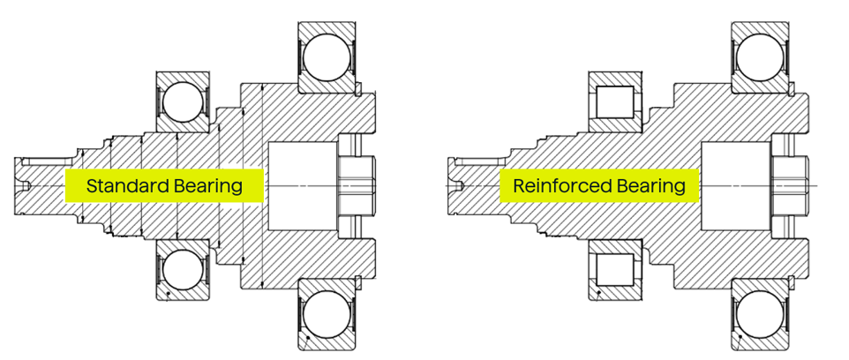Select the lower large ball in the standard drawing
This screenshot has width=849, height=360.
point(327,314)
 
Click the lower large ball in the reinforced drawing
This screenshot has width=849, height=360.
point(760,314)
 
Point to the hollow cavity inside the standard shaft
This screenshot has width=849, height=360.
point(301,186)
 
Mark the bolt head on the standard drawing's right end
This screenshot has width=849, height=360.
point(357,185)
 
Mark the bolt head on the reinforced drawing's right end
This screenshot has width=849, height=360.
point(790,185)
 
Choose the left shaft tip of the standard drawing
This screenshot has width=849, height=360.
point(26,185)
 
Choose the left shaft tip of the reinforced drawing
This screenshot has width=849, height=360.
point(459,185)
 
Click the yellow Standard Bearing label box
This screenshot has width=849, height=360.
point(164,186)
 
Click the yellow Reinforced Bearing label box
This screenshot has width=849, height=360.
point(599,186)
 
